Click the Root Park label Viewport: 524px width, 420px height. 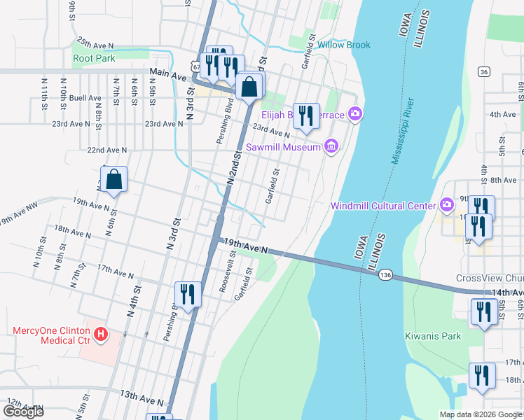click(94, 59)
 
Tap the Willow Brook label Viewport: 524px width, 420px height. click(344, 45)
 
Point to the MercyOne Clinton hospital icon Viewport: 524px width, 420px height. click(101, 335)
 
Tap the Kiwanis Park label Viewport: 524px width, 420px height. click(433, 336)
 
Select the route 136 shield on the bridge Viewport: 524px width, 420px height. click(385, 276)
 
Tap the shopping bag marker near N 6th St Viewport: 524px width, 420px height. click(114, 179)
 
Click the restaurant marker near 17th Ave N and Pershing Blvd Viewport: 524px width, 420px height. click(187, 294)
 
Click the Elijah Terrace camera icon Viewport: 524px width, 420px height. click(356, 113)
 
